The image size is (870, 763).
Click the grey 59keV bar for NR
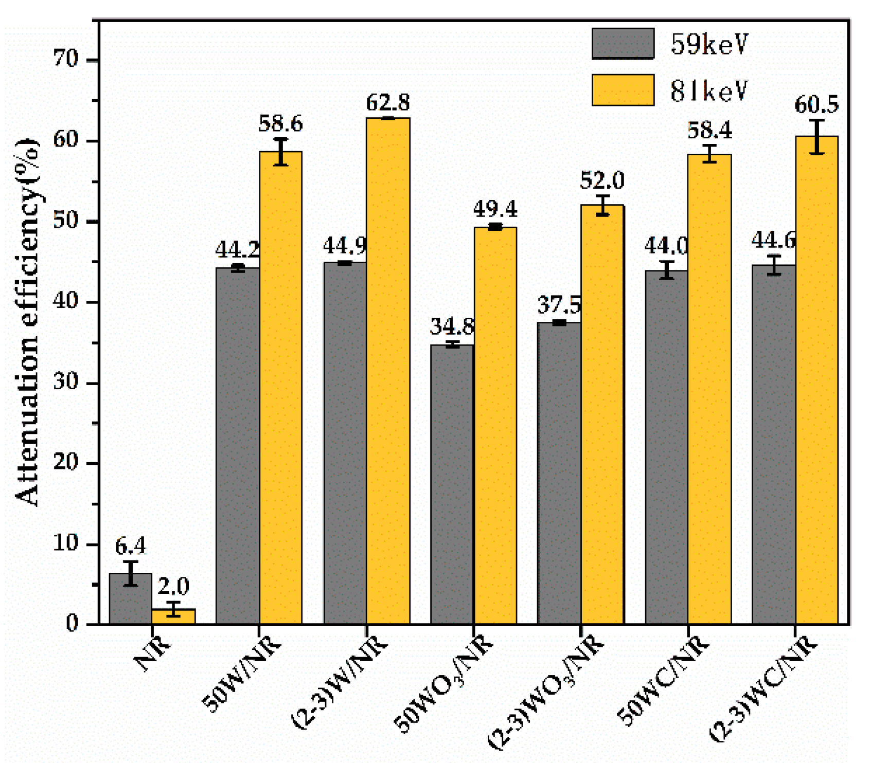[131, 599]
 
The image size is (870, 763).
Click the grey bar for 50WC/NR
[666, 447]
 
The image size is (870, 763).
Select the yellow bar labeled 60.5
[816, 380]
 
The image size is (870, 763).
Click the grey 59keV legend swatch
[623, 44]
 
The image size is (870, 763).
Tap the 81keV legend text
[708, 91]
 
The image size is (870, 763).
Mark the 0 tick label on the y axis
[72, 624]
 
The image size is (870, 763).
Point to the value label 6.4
[130, 546]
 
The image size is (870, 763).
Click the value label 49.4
[495, 209]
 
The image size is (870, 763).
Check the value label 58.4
[709, 131]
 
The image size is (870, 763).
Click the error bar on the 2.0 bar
[173, 609]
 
